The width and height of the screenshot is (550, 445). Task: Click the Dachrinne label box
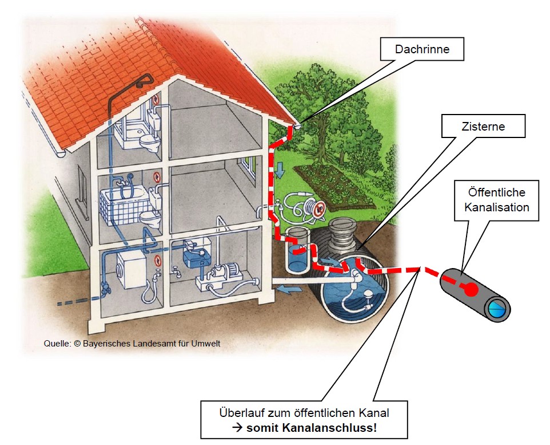click(x=422, y=49)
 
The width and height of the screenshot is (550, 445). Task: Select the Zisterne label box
click(x=483, y=126)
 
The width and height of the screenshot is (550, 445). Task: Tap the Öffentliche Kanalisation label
click(x=496, y=200)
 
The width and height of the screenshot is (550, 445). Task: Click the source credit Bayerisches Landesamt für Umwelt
click(x=152, y=344)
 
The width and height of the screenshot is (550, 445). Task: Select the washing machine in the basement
click(x=131, y=269)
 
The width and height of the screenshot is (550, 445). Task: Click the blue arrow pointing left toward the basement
click(x=289, y=289)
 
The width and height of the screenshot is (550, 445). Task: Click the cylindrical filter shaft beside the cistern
click(x=297, y=250)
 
